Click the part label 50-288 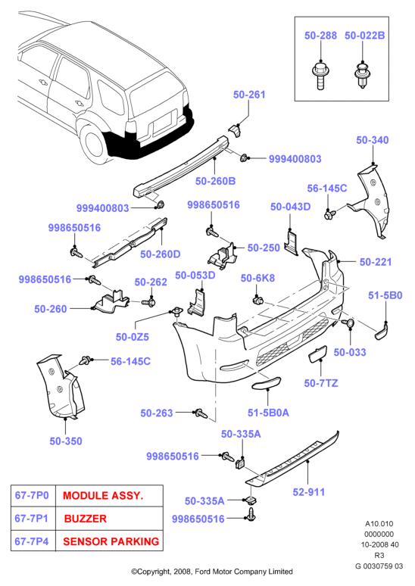click(320, 36)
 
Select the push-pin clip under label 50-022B click(361, 76)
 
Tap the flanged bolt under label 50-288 click(320, 76)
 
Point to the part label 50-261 click(249, 95)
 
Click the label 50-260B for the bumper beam click(215, 181)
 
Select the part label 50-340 click(373, 140)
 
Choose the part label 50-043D click(291, 207)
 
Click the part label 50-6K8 click(257, 278)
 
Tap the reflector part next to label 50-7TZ click(317, 354)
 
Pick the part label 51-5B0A click(268, 413)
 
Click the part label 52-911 click(309, 492)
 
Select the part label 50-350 click(66, 441)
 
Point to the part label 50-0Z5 click(133, 337)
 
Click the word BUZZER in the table click(86, 519)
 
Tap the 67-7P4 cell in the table click(32, 541)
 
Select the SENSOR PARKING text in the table click(111, 541)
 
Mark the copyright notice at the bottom click(212, 572)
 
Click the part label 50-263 click(157, 413)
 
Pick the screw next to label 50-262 click(148, 301)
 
